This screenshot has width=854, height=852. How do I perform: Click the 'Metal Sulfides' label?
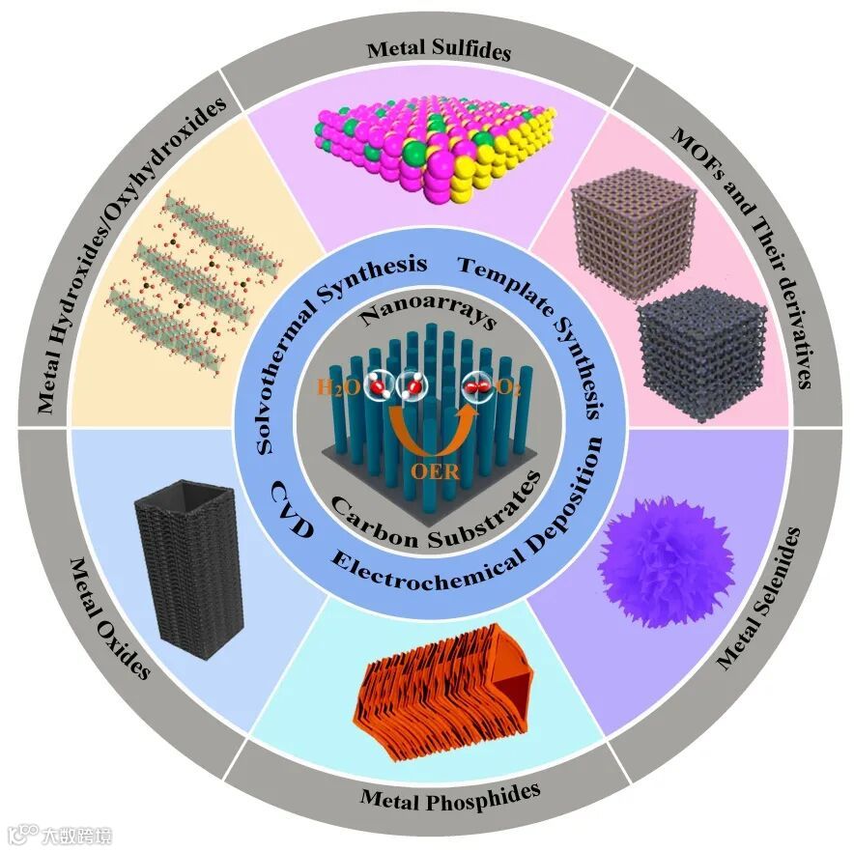pyautogui.click(x=439, y=51)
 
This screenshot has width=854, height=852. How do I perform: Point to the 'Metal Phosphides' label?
pyautogui.click(x=449, y=795)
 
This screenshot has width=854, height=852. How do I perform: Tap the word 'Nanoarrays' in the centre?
pyautogui.click(x=426, y=315)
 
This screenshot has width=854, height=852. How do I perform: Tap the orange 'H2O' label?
pyautogui.click(x=342, y=389)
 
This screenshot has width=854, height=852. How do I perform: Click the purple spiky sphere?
pyautogui.click(x=667, y=561)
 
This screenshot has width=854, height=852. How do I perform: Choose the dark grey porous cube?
pyautogui.click(x=701, y=353)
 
